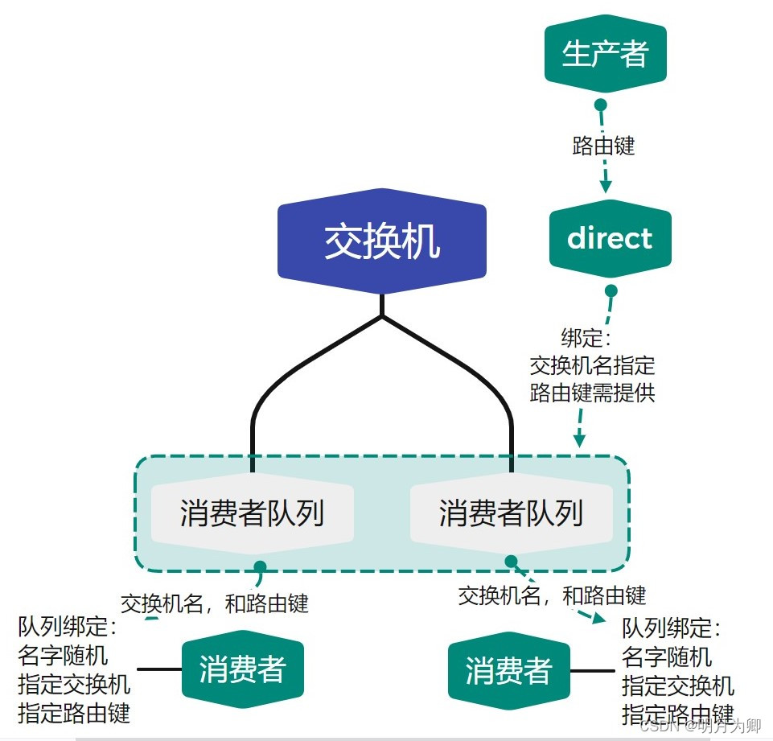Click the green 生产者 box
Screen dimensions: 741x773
pyautogui.click(x=606, y=54)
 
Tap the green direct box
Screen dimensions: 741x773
pyautogui.click(x=610, y=238)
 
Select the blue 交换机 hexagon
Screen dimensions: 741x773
pyautogui.click(x=382, y=240)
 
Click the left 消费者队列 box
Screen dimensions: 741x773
pyautogui.click(x=252, y=513)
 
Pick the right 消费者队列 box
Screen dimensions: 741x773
pyautogui.click(x=511, y=513)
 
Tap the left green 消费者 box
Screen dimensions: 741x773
pyautogui.click(x=243, y=669)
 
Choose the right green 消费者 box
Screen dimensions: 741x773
pyautogui.click(x=508, y=670)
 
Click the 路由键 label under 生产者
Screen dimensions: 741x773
pyautogui.click(x=603, y=146)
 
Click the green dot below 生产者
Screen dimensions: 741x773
pyautogui.click(x=599, y=105)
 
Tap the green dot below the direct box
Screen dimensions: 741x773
pyautogui.click(x=611, y=290)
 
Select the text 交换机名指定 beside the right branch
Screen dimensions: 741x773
pyautogui.click(x=592, y=365)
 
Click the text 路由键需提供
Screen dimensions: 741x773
pyautogui.click(x=592, y=393)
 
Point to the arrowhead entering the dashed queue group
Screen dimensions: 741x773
pyautogui.click(x=578, y=439)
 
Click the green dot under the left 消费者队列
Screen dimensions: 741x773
pyautogui.click(x=259, y=566)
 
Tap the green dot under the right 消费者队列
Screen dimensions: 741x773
pyautogui.click(x=511, y=561)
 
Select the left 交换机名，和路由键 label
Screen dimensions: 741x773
pyautogui.click(x=215, y=603)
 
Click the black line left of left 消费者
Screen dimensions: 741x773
pyautogui.click(x=159, y=669)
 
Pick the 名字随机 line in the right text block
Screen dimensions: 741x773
pyautogui.click(x=667, y=657)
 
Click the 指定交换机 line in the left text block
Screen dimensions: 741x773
pyautogui.click(x=74, y=684)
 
